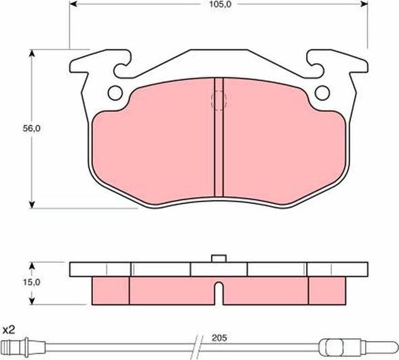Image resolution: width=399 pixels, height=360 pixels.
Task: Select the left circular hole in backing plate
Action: click(x=114, y=92)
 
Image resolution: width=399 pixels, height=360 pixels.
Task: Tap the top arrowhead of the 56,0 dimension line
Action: click(x=33, y=52)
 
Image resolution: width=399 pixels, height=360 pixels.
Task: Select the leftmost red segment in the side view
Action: click(x=109, y=289)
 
